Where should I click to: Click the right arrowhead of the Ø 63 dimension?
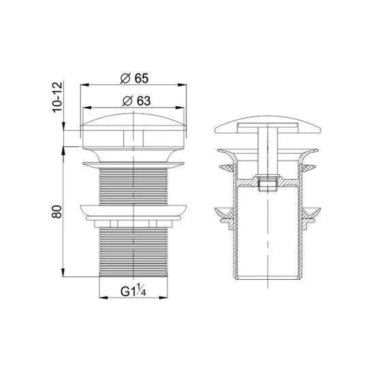(x=184, y=108)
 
